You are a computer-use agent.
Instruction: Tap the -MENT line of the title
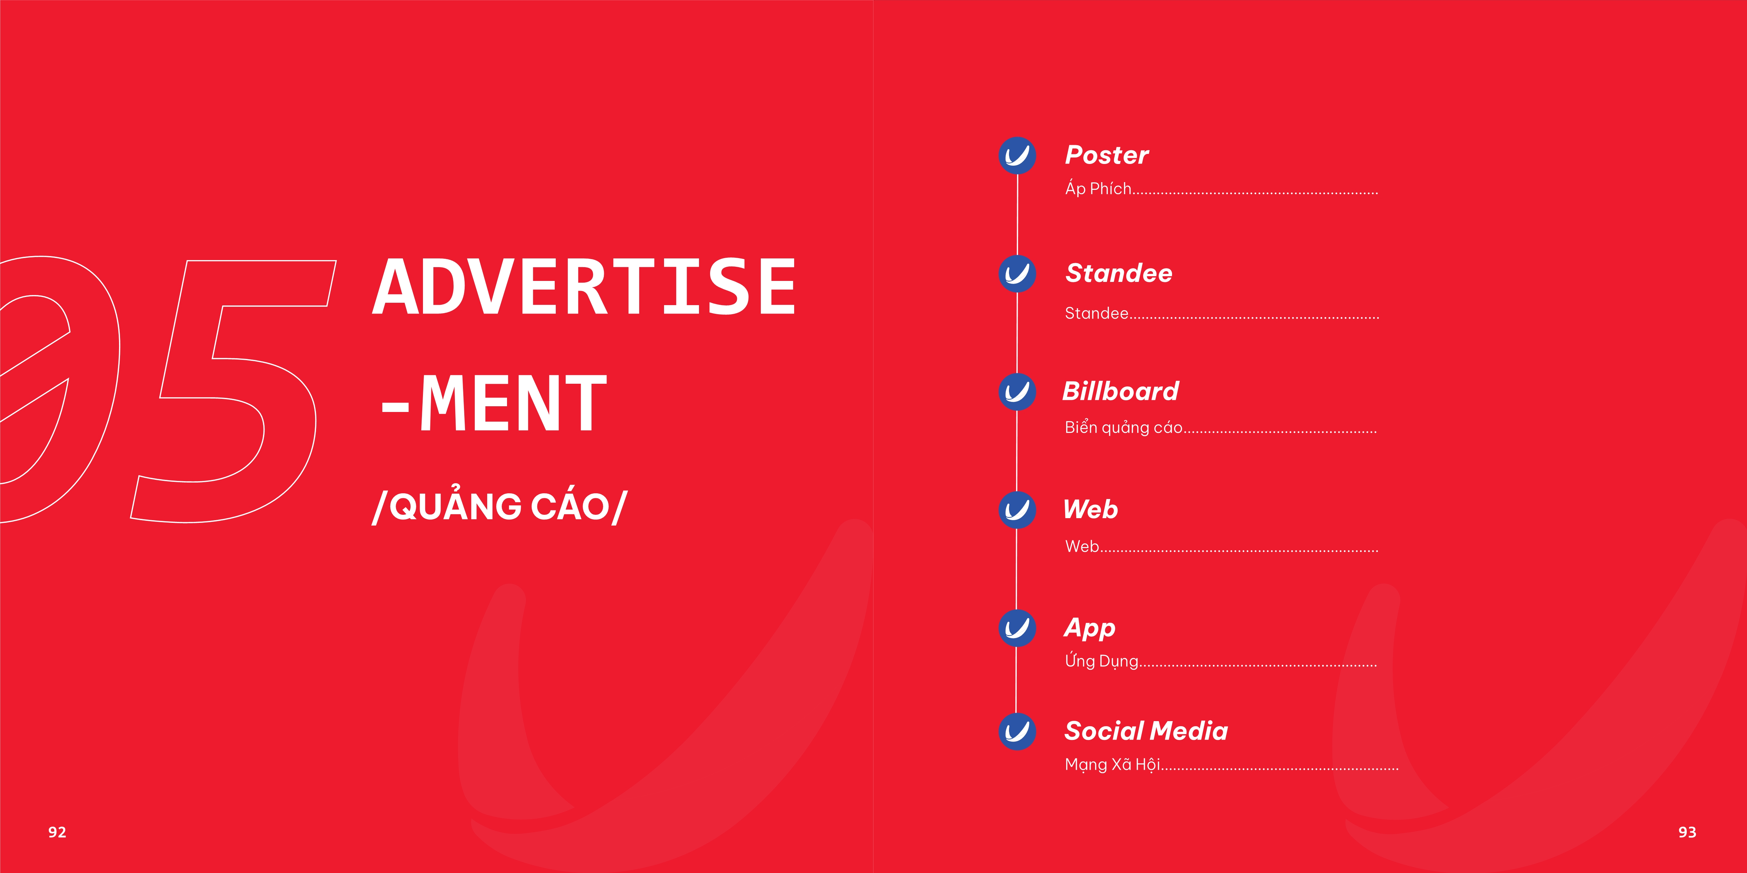494,404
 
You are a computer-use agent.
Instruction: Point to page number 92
57,832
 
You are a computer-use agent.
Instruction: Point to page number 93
1687,832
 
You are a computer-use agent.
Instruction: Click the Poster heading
1107,155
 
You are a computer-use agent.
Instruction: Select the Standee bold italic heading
1119,273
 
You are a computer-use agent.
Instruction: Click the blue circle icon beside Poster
1017,156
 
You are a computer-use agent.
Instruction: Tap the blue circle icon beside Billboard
1017,392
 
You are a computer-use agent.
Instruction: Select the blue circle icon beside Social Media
1017,731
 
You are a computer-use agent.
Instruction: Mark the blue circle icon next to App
1017,628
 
